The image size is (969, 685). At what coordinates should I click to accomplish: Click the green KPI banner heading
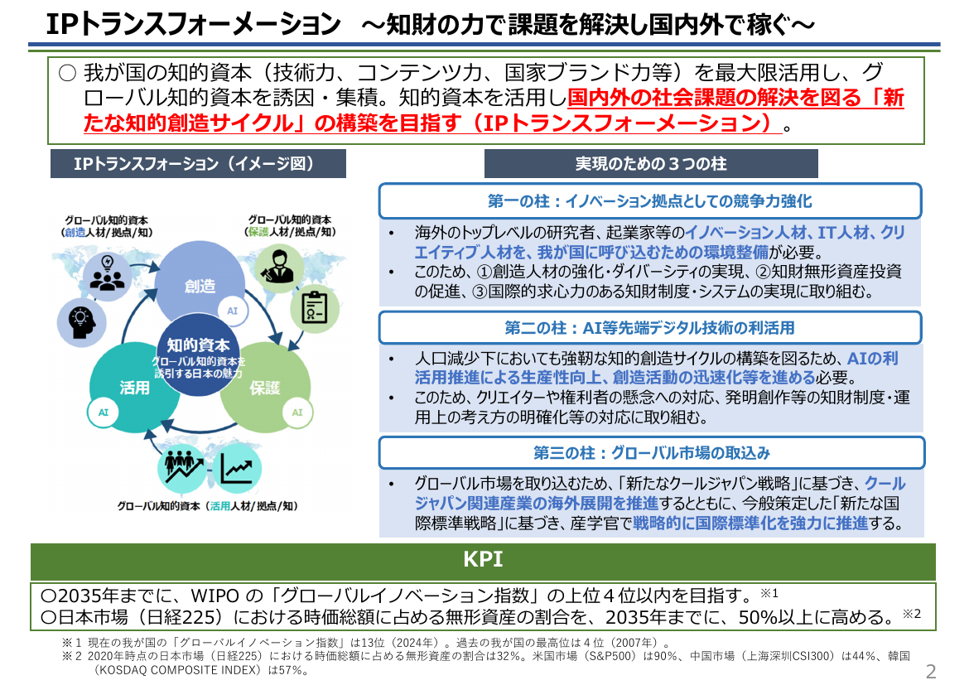click(483, 560)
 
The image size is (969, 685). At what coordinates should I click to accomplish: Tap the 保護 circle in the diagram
click(265, 387)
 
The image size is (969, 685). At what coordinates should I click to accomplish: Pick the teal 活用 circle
click(134, 387)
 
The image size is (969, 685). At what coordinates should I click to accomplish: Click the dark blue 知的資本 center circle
click(199, 355)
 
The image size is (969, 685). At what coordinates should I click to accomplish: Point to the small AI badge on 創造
click(233, 311)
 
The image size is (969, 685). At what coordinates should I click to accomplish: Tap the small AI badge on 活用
click(104, 412)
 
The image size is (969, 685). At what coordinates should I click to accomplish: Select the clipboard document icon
click(315, 308)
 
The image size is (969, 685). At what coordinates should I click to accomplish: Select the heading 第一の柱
click(650, 201)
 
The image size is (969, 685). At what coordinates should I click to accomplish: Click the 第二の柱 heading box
click(650, 328)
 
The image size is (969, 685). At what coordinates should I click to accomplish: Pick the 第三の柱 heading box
click(651, 452)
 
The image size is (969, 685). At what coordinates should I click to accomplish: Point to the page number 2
click(931, 672)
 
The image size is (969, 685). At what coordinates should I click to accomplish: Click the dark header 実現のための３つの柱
click(651, 163)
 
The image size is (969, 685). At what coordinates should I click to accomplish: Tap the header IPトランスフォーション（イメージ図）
click(198, 163)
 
